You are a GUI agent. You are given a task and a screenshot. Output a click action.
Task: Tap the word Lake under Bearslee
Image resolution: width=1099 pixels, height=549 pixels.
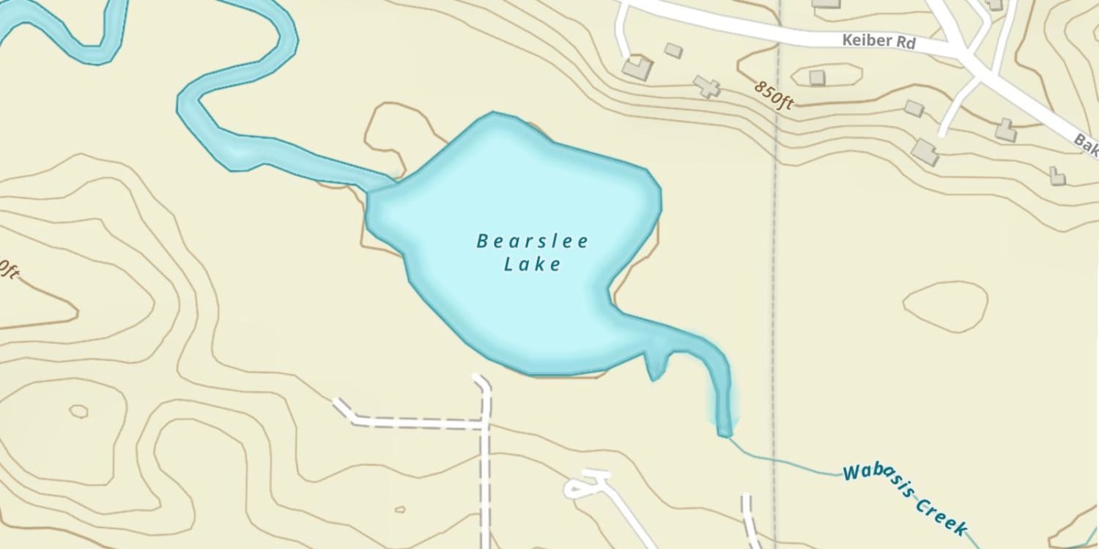click(532, 264)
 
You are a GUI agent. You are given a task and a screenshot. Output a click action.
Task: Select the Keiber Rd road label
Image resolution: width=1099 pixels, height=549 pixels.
click(878, 41)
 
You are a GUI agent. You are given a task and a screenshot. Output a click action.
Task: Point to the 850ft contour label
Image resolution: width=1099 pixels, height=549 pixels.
click(774, 94)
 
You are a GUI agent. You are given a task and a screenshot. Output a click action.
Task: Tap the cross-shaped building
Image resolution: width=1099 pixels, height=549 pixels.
click(707, 87)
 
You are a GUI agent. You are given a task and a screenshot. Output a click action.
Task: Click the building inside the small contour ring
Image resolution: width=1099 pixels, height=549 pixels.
click(817, 77)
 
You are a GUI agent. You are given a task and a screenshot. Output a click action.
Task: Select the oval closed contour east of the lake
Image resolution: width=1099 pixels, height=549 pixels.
click(945, 306)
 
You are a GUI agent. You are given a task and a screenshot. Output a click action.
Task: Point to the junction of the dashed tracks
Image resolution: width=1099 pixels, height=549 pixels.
click(484, 424)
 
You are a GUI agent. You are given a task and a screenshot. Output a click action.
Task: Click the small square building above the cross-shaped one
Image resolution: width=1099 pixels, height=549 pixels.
click(673, 51)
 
